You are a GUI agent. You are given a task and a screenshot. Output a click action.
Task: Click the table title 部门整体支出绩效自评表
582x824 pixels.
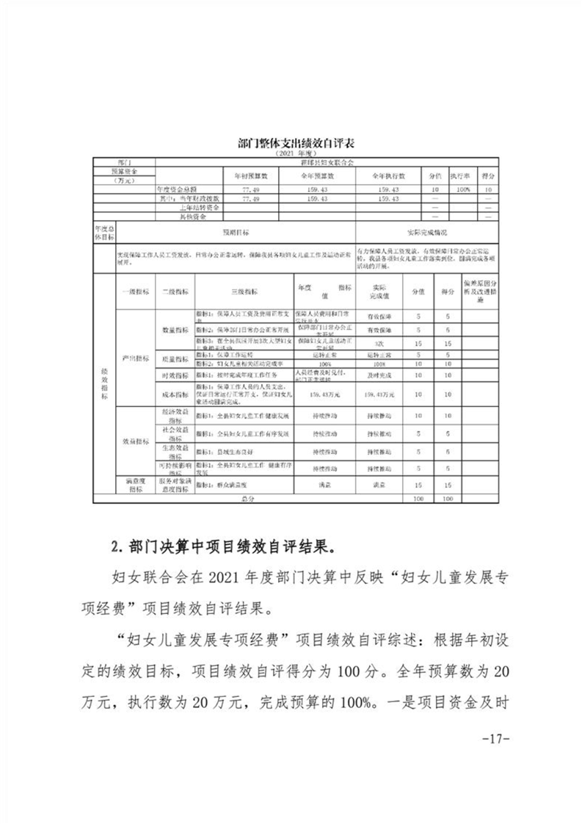[291, 145]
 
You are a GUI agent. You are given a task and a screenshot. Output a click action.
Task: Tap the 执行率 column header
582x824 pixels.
[459, 177]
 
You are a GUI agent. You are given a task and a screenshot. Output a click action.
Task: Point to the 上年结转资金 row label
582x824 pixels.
[184, 208]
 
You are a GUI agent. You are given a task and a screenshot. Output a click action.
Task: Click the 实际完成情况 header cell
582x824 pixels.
[425, 232]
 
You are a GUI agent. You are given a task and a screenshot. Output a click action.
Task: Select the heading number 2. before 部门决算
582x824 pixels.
[114, 547]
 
